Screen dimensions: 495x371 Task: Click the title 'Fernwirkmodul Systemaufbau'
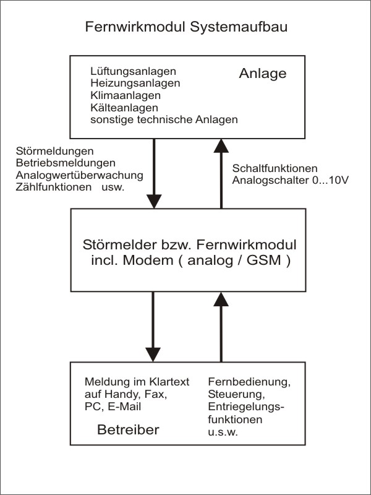(x=185, y=28)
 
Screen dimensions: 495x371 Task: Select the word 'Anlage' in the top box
(x=263, y=74)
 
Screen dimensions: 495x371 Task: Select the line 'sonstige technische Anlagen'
(x=164, y=119)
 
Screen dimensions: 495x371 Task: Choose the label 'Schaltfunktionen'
(x=275, y=168)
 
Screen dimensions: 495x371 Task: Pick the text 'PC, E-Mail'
(x=113, y=407)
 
